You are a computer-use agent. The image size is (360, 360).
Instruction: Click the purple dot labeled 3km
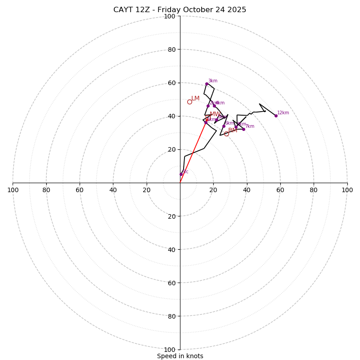[x=207, y=84]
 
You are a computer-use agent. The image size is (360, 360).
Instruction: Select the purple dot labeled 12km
[x=276, y=116]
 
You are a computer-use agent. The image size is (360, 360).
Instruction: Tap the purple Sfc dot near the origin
[x=181, y=174]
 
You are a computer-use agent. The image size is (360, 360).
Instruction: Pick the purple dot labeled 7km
[x=243, y=129]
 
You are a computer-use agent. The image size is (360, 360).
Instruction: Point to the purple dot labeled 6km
[x=224, y=126]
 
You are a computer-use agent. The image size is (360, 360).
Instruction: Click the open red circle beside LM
[x=189, y=102]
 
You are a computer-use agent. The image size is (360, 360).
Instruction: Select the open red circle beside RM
[x=226, y=134]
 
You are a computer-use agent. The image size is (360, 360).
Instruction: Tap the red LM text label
[x=195, y=99]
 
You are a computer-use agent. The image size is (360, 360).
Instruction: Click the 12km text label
[x=283, y=113]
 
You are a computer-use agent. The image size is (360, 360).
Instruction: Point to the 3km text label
[x=212, y=81]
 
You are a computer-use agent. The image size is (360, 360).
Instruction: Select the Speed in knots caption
[x=180, y=356]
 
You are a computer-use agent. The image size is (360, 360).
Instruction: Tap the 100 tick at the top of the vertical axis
[x=170, y=17]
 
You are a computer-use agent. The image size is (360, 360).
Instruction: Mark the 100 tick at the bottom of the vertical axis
[x=170, y=350]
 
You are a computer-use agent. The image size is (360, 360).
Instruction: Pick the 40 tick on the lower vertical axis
[x=171, y=249]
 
